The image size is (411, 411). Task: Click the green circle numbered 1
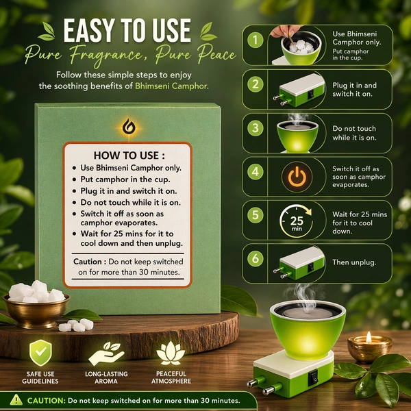click(x=255, y=40)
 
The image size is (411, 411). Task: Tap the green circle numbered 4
click(x=255, y=172)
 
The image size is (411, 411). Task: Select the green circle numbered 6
click(x=255, y=258)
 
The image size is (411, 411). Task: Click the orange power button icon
click(x=297, y=177)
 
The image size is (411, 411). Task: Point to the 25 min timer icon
click(x=297, y=221)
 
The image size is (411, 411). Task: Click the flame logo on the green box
click(x=129, y=127)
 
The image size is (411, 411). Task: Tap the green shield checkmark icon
click(x=40, y=353)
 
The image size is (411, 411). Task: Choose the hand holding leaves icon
click(x=106, y=353)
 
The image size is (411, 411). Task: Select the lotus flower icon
click(x=171, y=353)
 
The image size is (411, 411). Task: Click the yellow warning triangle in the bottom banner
click(x=16, y=400)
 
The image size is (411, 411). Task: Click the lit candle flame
click(x=369, y=336)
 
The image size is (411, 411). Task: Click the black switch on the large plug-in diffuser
click(x=313, y=377)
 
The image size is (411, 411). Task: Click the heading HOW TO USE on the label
click(x=129, y=155)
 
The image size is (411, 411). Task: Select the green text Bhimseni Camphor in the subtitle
click(x=172, y=86)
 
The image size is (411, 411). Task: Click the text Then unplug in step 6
click(x=354, y=262)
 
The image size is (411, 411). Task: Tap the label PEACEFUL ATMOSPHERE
click(x=171, y=377)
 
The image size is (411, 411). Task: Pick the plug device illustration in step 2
click(x=299, y=90)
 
